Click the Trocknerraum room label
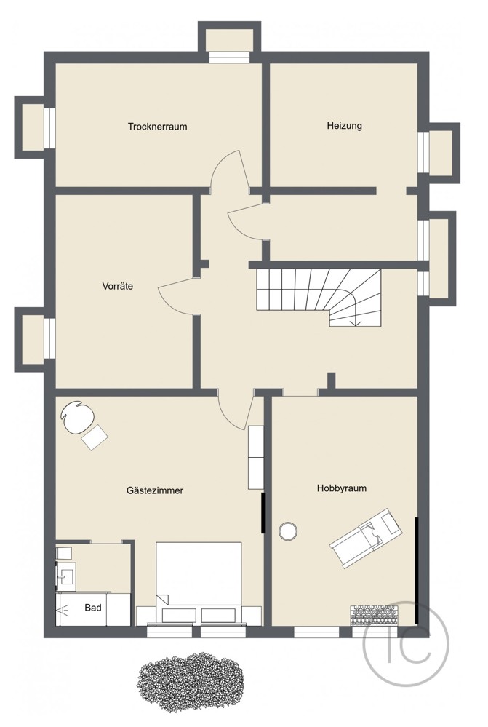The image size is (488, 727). (157, 127)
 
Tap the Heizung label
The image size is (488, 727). (344, 126)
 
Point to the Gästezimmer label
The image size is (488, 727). (154, 490)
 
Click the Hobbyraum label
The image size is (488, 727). (341, 488)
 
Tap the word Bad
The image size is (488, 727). (93, 607)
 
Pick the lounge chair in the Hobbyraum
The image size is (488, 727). (366, 537)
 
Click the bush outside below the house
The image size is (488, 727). (192, 680)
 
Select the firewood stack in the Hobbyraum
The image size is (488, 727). (382, 615)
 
